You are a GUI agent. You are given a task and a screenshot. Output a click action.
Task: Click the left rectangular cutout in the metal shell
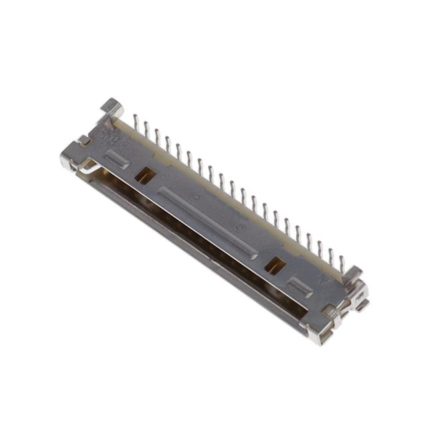coord(145,175)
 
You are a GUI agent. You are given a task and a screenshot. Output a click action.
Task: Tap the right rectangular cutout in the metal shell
coord(275,265)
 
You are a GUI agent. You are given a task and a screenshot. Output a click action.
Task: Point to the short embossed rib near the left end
coord(117,159)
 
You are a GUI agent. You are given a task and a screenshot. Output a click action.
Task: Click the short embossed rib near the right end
coord(301,287)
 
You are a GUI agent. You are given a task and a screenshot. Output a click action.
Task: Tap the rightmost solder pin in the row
coord(342,264)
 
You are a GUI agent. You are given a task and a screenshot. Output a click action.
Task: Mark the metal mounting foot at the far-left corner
coord(68,159)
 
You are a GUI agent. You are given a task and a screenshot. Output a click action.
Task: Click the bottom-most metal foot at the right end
coord(318,337)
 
